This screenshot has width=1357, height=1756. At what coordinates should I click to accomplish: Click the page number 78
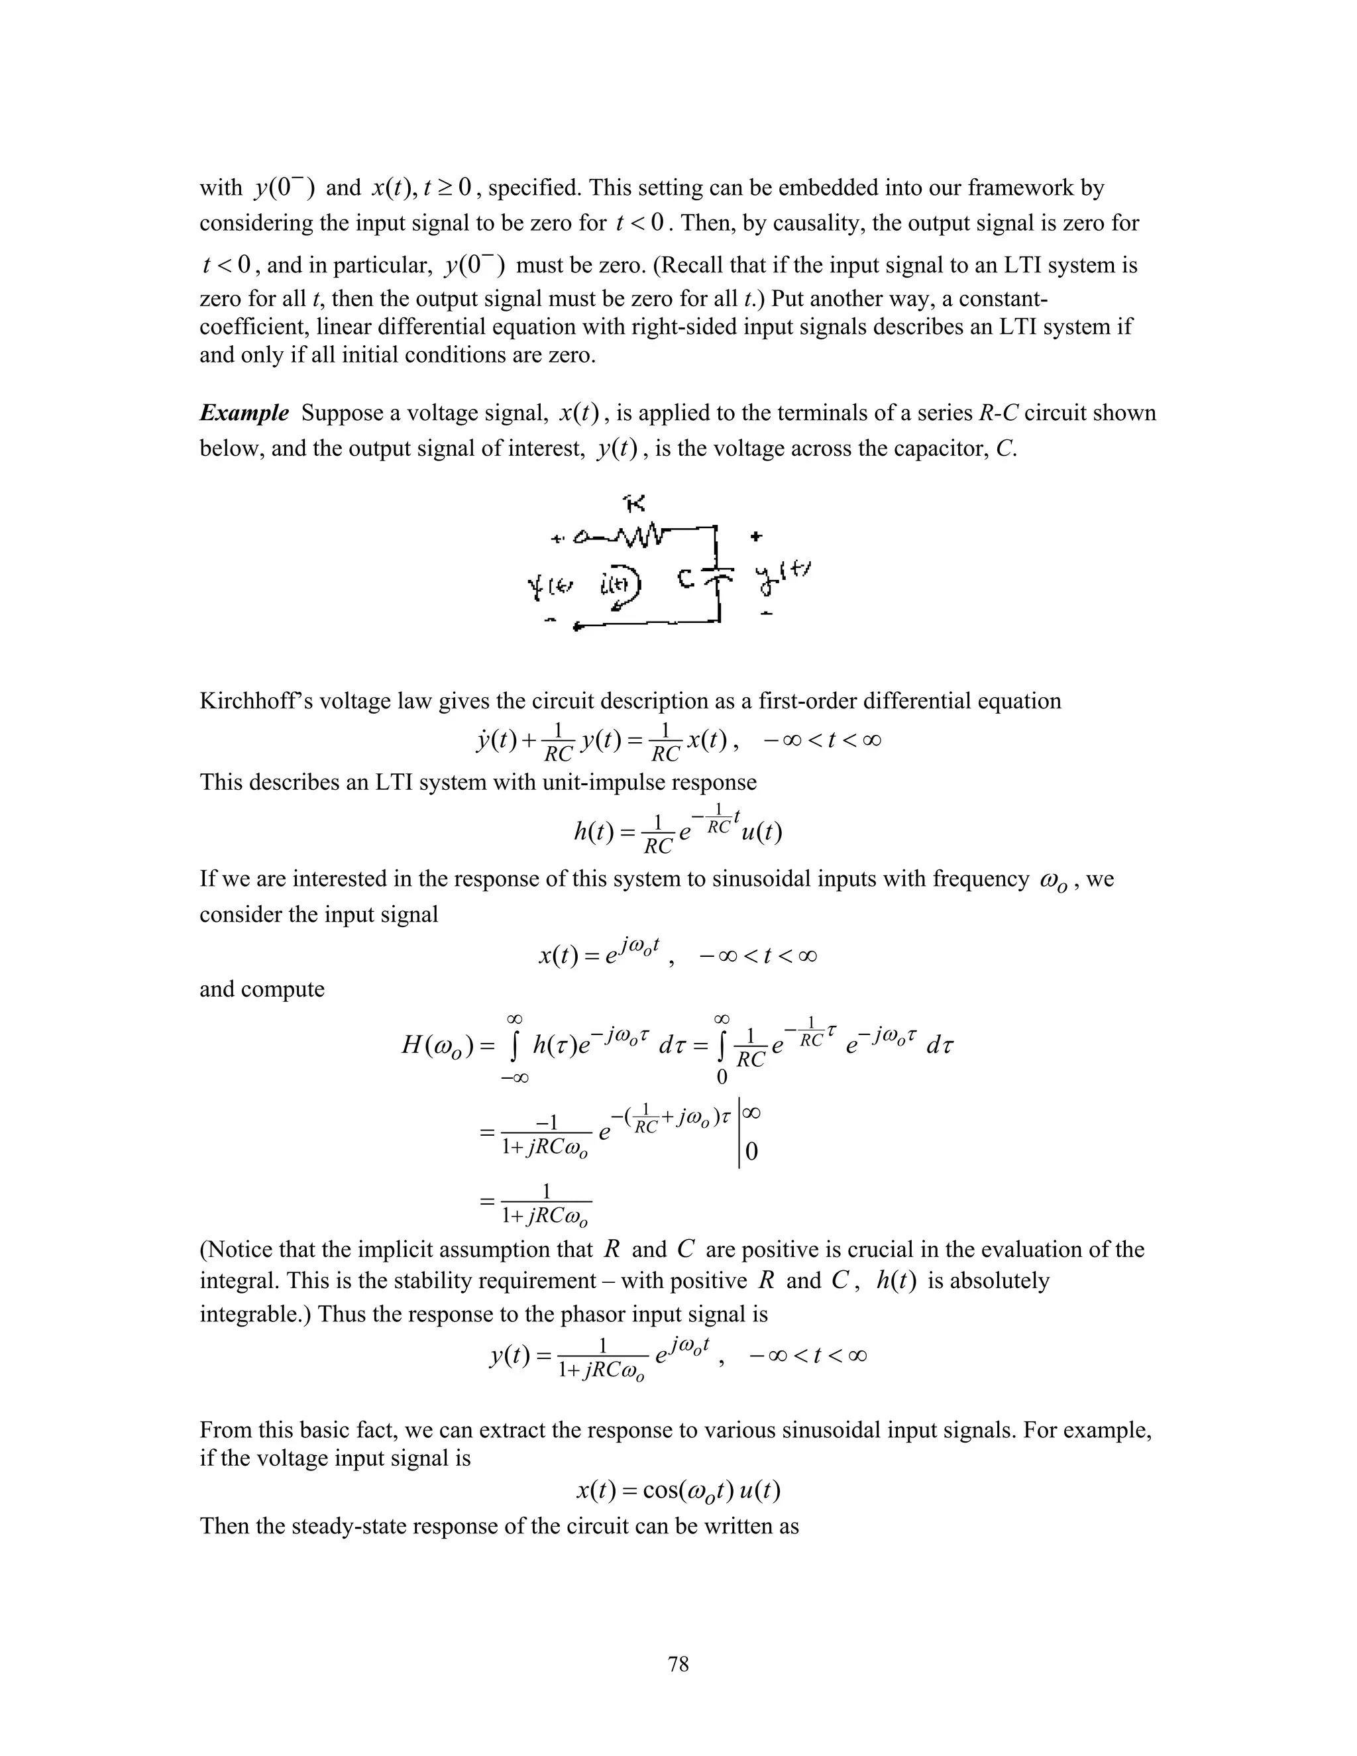coord(678,1663)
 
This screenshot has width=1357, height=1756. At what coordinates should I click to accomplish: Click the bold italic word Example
coord(244,413)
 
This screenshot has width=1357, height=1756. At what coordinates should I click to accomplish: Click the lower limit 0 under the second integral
coord(721,1077)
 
